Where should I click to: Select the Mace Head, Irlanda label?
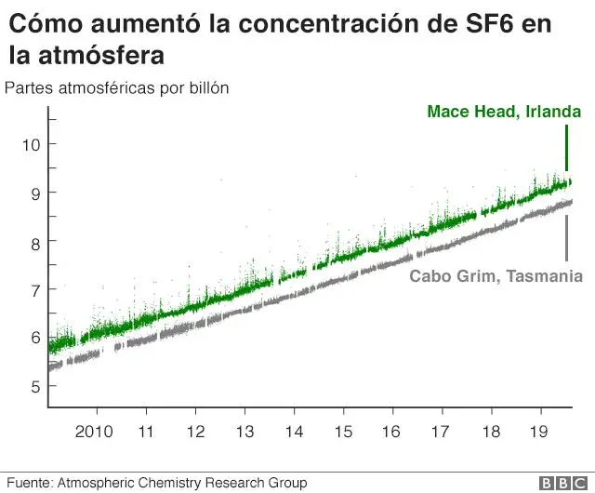[504, 112]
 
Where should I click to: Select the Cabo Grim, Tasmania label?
[496, 276]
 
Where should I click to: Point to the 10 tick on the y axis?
[31, 144]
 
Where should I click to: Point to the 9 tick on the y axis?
[34, 193]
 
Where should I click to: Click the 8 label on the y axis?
[34, 241]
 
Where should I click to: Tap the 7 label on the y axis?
[34, 289]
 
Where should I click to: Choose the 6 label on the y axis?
[34, 338]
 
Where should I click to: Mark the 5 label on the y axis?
[34, 386]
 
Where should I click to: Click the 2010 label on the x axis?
[94, 432]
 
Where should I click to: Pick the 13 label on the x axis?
[244, 432]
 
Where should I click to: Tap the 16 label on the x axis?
[391, 432]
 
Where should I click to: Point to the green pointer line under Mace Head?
[566, 149]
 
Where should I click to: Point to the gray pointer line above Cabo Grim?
[566, 238]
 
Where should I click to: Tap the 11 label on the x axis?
[145, 432]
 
